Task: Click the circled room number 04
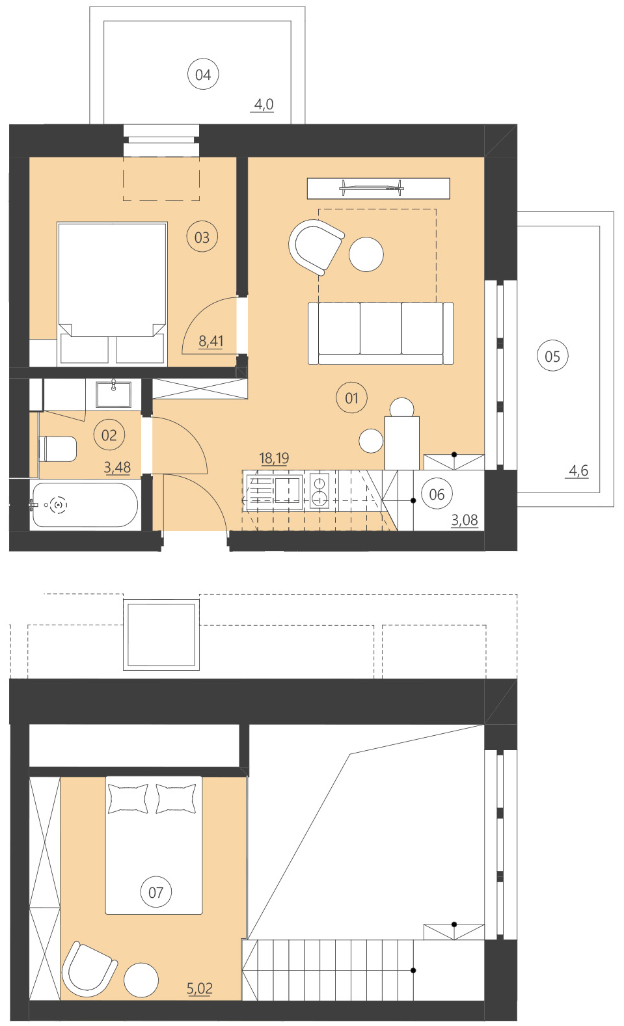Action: (x=202, y=75)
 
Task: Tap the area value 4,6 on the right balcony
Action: (x=578, y=470)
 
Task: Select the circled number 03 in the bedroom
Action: (x=202, y=237)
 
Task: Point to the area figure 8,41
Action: (x=211, y=341)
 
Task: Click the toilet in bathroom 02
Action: (x=59, y=449)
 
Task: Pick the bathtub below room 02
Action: (x=85, y=505)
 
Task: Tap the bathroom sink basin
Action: (x=113, y=394)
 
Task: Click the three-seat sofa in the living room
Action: (x=381, y=332)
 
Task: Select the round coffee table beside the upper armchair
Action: (x=366, y=254)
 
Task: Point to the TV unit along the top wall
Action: (x=378, y=189)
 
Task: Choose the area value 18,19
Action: (x=274, y=459)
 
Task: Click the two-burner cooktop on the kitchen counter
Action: (x=319, y=491)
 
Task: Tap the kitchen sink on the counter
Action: (x=287, y=489)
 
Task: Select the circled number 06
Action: (x=437, y=494)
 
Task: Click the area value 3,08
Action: (x=464, y=520)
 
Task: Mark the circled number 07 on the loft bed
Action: (x=156, y=893)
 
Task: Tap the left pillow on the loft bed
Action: (x=128, y=798)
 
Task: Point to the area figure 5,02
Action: (x=200, y=989)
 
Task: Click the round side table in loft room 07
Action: (x=141, y=980)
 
